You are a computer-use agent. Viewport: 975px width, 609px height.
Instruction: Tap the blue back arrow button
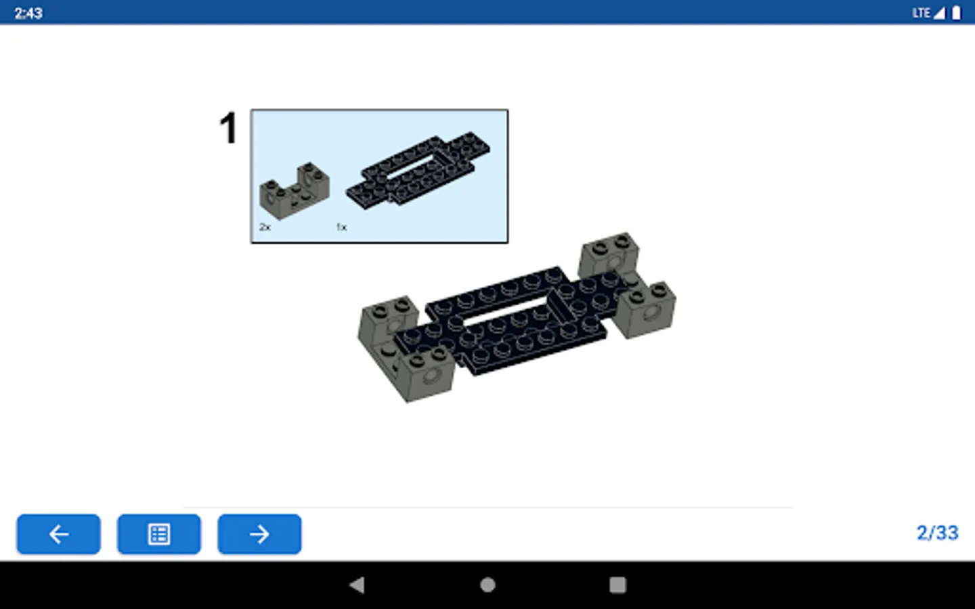point(59,534)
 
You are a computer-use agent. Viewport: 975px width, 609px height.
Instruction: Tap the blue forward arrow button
point(259,534)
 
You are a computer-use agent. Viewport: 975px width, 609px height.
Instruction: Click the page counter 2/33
point(937,533)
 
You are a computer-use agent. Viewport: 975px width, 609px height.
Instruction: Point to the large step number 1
point(227,128)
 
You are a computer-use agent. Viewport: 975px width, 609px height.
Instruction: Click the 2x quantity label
point(265,227)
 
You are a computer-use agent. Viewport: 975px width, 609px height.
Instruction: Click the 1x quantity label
point(341,227)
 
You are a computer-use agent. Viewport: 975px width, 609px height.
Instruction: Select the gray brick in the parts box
point(295,191)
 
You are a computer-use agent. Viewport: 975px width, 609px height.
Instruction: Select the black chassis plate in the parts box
point(418,171)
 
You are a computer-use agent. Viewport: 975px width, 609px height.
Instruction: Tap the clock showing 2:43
point(28,13)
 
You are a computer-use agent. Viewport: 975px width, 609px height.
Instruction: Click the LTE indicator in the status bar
point(921,13)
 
